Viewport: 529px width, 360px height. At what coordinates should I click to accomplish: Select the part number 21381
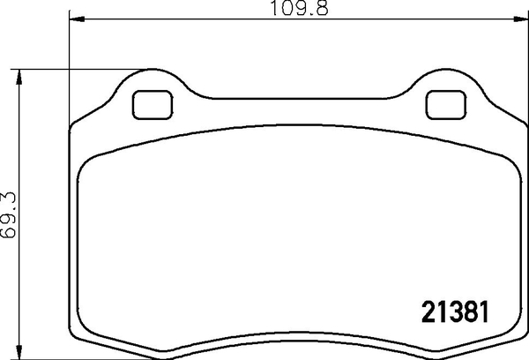click(451, 312)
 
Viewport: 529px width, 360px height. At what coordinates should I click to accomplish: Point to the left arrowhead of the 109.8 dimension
click(73, 19)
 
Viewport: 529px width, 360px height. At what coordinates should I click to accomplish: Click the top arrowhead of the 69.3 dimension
click(19, 73)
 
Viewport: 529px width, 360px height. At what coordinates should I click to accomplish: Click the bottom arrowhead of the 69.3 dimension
click(19, 352)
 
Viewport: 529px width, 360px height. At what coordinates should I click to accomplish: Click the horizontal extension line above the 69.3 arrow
click(44, 68)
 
